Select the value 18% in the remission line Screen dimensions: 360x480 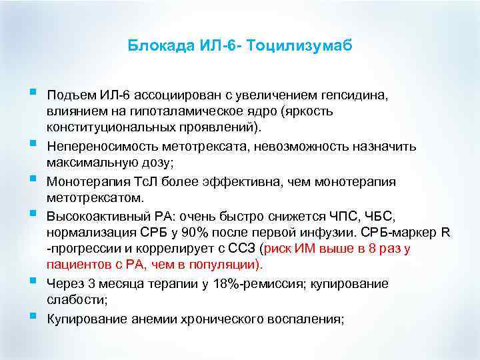coord(227,283)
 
